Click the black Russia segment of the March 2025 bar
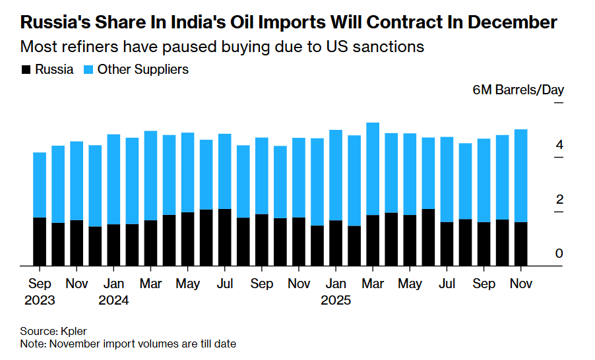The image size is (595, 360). click(x=373, y=241)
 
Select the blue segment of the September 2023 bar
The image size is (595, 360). click(x=40, y=185)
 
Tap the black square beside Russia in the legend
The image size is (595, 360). click(x=26, y=70)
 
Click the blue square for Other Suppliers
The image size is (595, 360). click(x=88, y=70)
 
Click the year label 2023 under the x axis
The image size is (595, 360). click(x=40, y=300)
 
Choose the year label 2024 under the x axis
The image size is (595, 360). click(x=113, y=300)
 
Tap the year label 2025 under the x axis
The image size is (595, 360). click(x=335, y=300)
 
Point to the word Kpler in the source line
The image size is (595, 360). click(x=73, y=331)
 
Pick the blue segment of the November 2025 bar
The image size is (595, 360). click(x=520, y=175)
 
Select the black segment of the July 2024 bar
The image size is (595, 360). click(x=224, y=237)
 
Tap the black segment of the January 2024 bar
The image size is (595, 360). click(x=113, y=245)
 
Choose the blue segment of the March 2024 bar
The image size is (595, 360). click(x=150, y=175)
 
